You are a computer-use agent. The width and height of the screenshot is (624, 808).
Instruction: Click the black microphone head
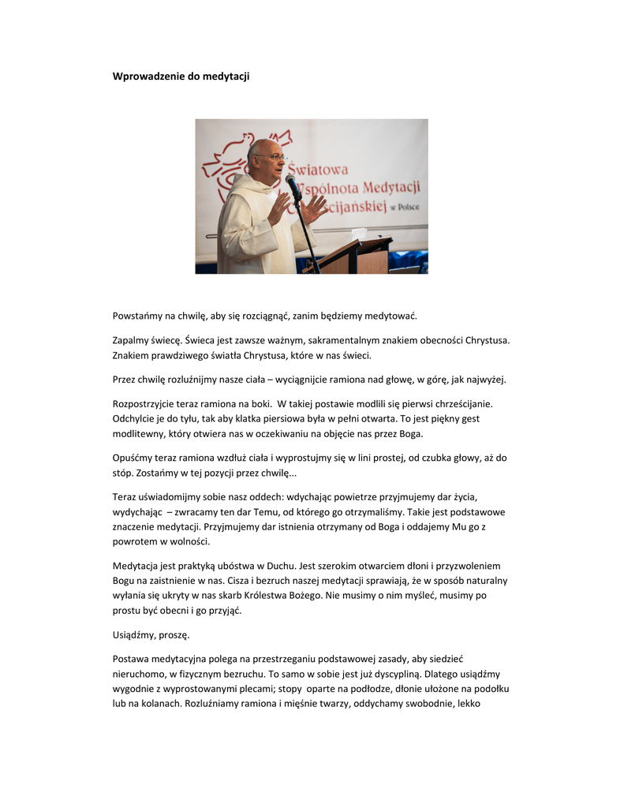(293, 183)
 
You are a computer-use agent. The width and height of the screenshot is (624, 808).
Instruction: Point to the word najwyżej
(486, 380)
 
